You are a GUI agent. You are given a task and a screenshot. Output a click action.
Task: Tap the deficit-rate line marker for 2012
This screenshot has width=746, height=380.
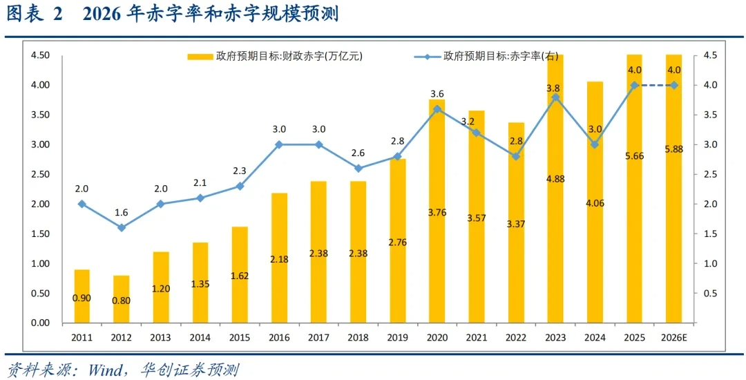pyautogui.click(x=122, y=227)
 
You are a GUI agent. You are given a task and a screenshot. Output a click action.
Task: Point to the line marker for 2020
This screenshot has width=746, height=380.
pyautogui.click(x=437, y=109)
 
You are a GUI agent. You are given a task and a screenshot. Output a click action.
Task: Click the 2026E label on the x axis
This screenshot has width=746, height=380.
pyautogui.click(x=674, y=336)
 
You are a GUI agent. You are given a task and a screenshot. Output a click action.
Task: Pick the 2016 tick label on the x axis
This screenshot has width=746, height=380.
pyautogui.click(x=279, y=336)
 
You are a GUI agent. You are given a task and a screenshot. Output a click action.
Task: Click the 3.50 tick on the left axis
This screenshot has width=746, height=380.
pyautogui.click(x=40, y=115)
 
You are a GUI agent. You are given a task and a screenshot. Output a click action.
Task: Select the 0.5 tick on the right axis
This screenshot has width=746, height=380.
pyautogui.click(x=710, y=294)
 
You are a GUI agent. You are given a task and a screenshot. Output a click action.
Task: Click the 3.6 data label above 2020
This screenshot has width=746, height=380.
pyautogui.click(x=437, y=94)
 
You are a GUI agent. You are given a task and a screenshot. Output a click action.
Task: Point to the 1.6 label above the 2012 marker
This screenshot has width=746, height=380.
pyautogui.click(x=122, y=212)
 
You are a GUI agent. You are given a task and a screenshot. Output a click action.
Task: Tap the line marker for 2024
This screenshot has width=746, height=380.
pyautogui.click(x=595, y=144)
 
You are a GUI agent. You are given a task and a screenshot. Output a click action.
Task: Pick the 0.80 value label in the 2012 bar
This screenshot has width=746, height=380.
pyautogui.click(x=122, y=301)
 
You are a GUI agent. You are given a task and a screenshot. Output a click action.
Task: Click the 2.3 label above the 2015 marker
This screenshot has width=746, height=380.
pyautogui.click(x=240, y=171)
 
